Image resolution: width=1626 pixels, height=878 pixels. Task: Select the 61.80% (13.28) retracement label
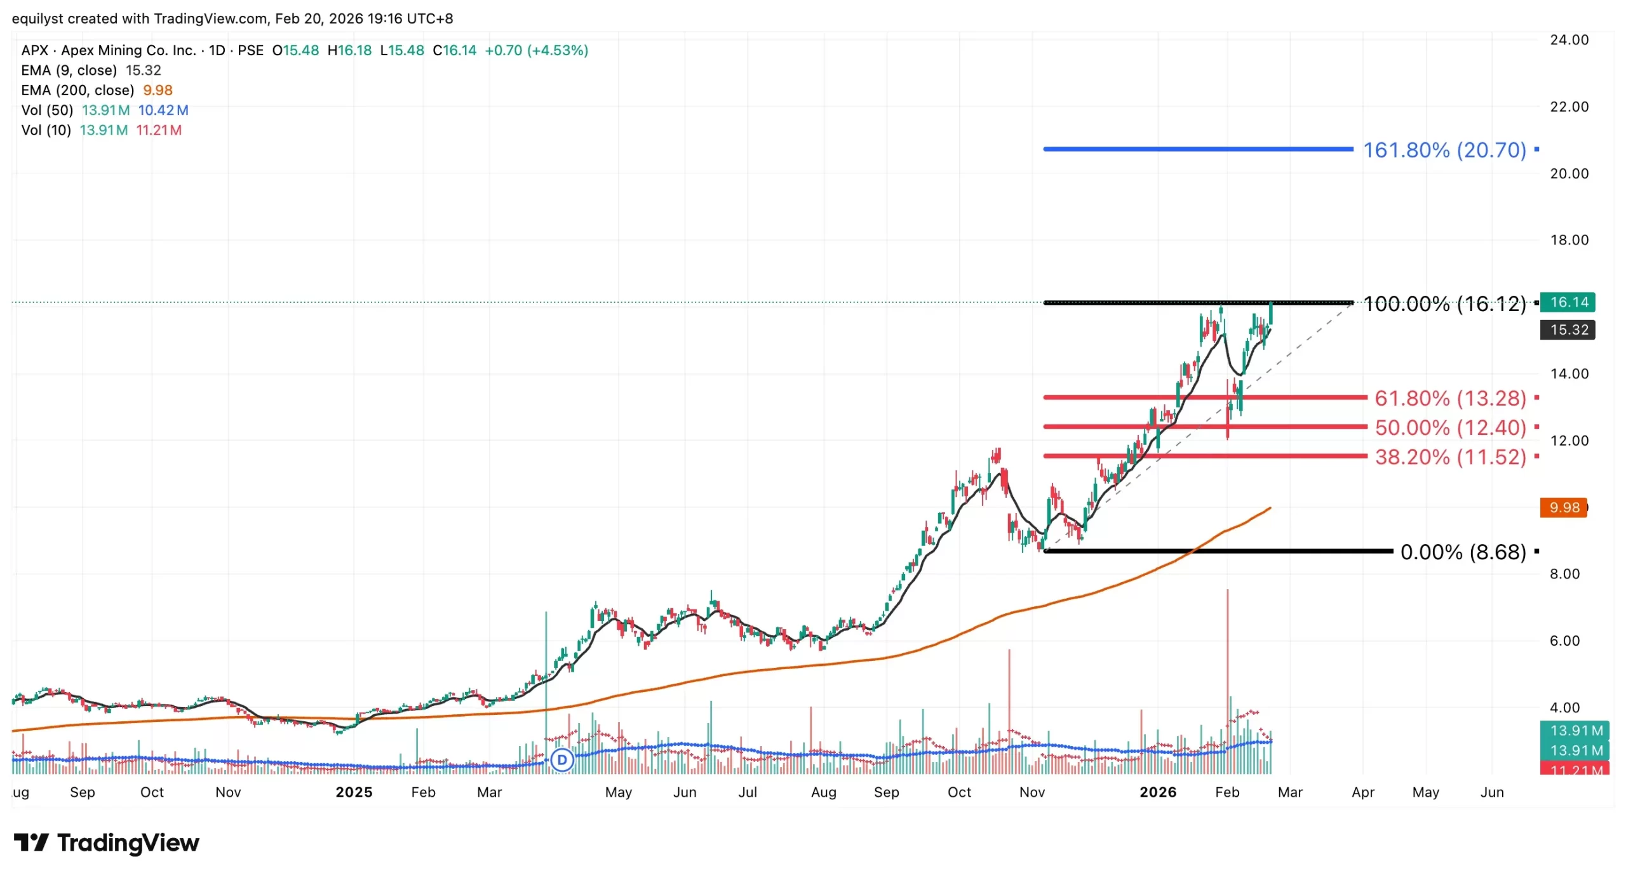pos(1449,399)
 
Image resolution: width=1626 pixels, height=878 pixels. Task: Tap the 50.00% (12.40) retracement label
pos(1449,428)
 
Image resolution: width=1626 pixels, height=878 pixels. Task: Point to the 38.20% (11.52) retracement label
pos(1449,457)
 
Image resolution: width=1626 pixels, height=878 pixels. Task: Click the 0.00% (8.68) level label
pos(1462,552)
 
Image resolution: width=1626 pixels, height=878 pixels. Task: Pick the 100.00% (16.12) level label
pos(1444,304)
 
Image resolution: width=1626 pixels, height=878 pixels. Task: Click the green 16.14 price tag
pos(1568,302)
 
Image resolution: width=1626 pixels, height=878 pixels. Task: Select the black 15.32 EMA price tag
pos(1568,330)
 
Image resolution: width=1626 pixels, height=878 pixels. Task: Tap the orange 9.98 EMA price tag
pos(1563,508)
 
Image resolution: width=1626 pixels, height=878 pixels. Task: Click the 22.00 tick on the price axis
pos(1568,107)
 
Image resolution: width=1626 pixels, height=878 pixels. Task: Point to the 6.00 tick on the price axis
pos(1568,641)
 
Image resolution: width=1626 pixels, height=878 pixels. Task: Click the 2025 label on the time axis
pos(354,792)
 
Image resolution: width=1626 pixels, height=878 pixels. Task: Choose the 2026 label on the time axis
pos(1157,792)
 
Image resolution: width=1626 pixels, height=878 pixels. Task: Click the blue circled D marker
pos(561,760)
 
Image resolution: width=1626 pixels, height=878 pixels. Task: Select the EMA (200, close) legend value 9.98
pos(158,90)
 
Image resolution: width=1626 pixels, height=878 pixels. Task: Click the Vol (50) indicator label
pos(47,110)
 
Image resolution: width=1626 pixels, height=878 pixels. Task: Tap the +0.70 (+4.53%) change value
pos(536,51)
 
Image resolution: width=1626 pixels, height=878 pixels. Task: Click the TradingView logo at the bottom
pos(107,843)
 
